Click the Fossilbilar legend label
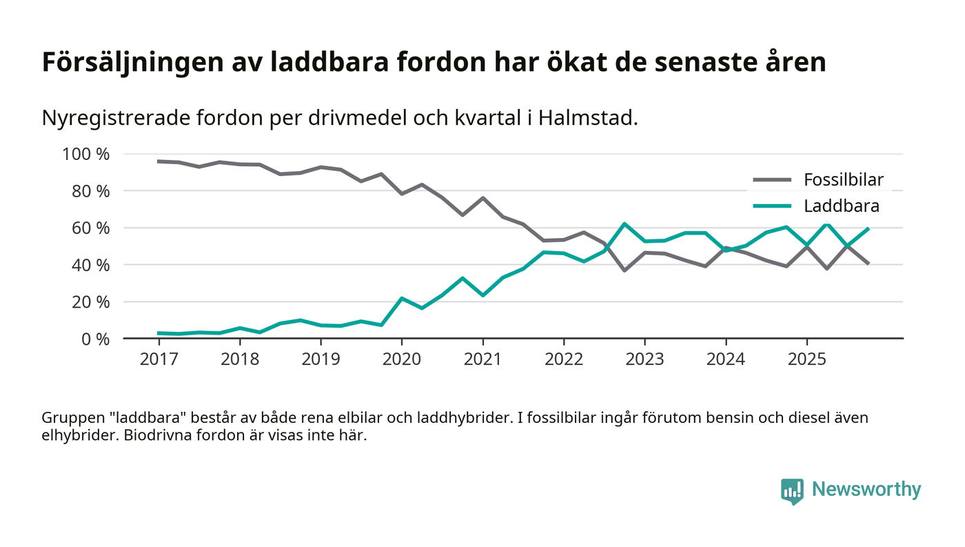pyautogui.click(x=843, y=181)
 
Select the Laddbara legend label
pyautogui.click(x=841, y=206)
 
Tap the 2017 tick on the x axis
pyautogui.click(x=159, y=359)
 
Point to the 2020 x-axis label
pyautogui.click(x=401, y=359)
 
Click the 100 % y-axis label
pyautogui.click(x=86, y=154)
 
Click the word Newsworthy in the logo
pyautogui.click(x=866, y=490)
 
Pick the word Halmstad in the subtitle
pyautogui.click(x=588, y=118)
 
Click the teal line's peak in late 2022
pyautogui.click(x=624, y=223)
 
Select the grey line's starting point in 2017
pyautogui.click(x=159, y=161)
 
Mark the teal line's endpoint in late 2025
pyautogui.click(x=867, y=228)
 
